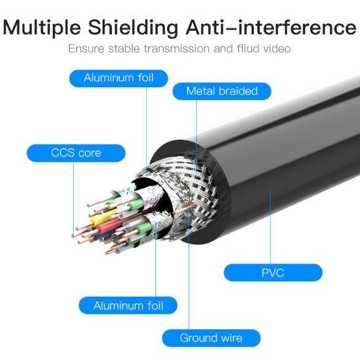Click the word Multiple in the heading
coord(42,28)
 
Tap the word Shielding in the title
coord(133,28)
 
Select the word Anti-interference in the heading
coord(271,27)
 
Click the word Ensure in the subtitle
coord(87,49)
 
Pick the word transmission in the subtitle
coord(176,49)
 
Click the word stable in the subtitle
coord(124,49)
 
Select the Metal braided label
coord(222,91)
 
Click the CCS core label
coord(76,153)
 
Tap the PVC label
coord(273,273)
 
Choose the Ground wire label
coord(211,338)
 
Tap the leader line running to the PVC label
coord(270,227)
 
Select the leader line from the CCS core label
coord(74,199)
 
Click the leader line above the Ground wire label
coord(189,268)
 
